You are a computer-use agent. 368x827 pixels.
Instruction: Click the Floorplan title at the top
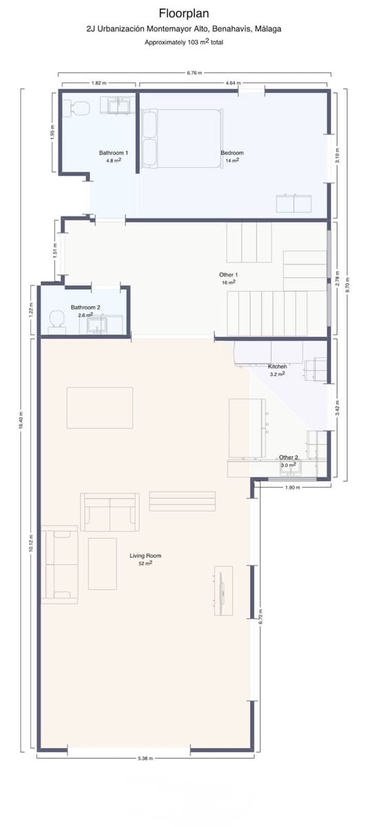(x=184, y=14)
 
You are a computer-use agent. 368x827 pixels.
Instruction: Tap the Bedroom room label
(x=232, y=153)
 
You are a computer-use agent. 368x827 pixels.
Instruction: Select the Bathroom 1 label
(x=113, y=153)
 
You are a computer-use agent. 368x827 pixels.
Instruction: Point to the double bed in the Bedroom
(x=182, y=139)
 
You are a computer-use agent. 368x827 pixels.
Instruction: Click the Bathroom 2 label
(x=85, y=307)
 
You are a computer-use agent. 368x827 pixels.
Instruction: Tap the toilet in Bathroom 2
(x=57, y=319)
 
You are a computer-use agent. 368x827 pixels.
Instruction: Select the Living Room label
(x=145, y=555)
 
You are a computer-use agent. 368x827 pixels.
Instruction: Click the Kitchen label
(x=277, y=366)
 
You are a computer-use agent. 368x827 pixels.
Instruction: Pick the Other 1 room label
(x=229, y=275)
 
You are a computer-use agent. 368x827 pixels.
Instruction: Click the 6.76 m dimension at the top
(x=194, y=73)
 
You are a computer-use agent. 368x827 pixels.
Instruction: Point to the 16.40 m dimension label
(x=21, y=420)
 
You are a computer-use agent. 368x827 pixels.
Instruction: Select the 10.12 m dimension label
(x=31, y=544)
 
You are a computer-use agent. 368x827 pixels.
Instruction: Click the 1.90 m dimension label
(x=293, y=487)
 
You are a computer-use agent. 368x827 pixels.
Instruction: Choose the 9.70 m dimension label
(x=347, y=285)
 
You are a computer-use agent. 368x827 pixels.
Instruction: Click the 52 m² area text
(x=145, y=564)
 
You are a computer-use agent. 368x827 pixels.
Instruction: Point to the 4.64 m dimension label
(x=233, y=83)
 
